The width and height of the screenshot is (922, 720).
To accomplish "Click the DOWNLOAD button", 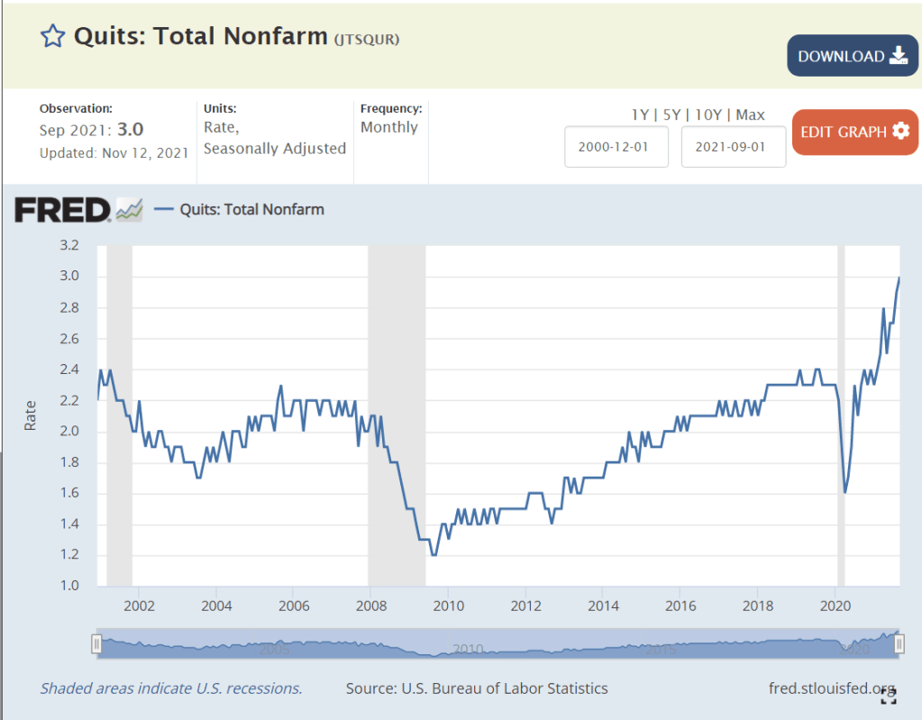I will [x=852, y=56].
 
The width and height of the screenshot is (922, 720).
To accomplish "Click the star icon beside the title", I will [x=53, y=36].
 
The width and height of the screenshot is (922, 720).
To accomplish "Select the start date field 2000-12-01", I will [x=616, y=147].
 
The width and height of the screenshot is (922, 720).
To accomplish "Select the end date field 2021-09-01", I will [x=734, y=147].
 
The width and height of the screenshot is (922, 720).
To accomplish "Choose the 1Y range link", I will [x=640, y=114].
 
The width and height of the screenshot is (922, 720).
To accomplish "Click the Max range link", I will [x=750, y=114].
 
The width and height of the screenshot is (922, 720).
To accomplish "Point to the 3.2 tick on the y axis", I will [x=69, y=245].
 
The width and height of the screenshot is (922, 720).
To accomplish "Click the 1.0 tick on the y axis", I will [x=69, y=586].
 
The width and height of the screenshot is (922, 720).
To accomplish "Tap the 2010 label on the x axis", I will [x=449, y=606].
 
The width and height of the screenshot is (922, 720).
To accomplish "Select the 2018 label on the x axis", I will [x=758, y=606].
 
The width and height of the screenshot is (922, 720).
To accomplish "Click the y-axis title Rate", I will [x=31, y=415].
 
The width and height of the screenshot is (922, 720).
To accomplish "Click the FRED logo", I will [x=63, y=210].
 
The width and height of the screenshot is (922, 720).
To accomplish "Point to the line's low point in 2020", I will [x=845, y=492].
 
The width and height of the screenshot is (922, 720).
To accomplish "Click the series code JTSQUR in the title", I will [x=367, y=39].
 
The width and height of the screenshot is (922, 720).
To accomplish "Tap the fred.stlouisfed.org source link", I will [x=833, y=688].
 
